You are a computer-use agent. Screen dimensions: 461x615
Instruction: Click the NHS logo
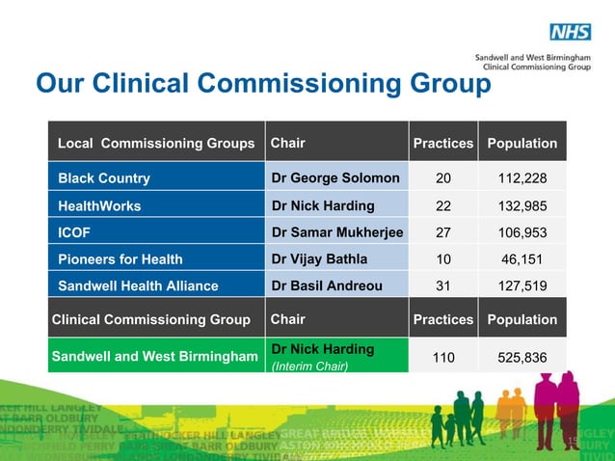pos(570,33)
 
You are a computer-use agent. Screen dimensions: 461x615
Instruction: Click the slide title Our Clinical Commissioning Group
pos(262,85)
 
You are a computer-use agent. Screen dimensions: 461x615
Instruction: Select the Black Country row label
pos(104,178)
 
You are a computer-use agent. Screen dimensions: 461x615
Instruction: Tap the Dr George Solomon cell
pos(335,178)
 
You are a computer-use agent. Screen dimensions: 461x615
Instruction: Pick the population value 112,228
pos(521,178)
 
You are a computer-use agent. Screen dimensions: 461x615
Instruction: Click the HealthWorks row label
pos(99,205)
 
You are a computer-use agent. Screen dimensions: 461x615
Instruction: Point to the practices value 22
pos(442,205)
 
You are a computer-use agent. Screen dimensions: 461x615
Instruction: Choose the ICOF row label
pos(75,232)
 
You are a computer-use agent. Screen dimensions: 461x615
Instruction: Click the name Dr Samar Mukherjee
pos(337,232)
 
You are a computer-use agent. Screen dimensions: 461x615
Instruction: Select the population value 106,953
pos(521,232)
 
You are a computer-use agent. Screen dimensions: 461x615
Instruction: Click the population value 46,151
pos(521,259)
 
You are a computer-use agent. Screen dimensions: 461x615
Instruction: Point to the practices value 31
pos(442,285)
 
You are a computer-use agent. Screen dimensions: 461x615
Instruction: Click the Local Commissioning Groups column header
pos(156,144)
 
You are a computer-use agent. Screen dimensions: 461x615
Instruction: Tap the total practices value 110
pos(442,358)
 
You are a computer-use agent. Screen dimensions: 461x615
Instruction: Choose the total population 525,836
pos(521,358)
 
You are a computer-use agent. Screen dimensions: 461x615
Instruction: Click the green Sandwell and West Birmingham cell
pos(154,357)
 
